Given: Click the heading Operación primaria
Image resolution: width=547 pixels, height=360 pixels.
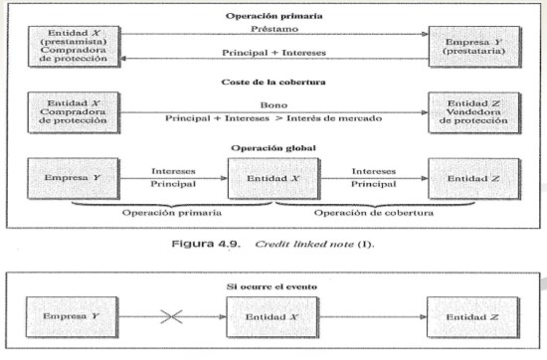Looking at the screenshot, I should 272,17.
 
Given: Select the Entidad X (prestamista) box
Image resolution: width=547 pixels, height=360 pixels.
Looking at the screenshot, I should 66,47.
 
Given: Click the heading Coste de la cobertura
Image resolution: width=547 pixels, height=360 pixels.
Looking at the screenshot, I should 272,83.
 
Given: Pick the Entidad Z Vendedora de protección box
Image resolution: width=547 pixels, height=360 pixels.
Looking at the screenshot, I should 466,111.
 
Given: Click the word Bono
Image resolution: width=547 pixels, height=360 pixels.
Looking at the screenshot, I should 272,103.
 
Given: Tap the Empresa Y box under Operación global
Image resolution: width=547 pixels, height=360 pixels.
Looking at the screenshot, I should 72,179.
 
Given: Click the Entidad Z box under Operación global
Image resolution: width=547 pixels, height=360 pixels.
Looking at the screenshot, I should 466,179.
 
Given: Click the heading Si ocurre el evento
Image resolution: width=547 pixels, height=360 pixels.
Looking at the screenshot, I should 272,286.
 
